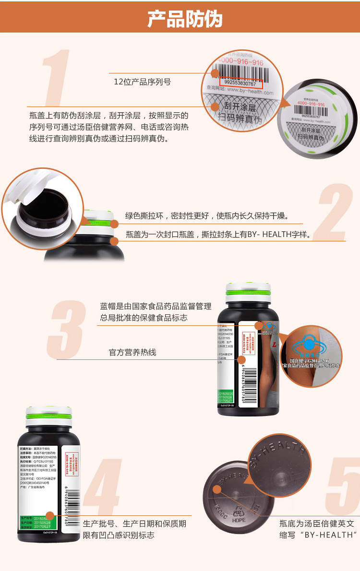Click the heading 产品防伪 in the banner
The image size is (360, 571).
tap(184, 18)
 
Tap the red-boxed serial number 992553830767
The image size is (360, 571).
tap(240, 83)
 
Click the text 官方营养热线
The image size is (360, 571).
tap(132, 353)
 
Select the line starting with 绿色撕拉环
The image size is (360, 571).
tap(206, 216)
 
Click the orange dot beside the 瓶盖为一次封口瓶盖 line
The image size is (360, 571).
tap(114, 240)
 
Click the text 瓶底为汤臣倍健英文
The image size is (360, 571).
tap(317, 524)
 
